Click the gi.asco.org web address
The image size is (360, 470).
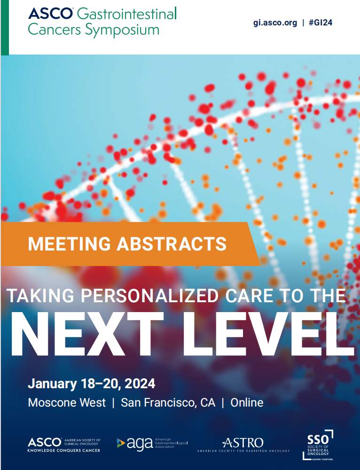pos(275,23)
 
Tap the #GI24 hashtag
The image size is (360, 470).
pos(321,23)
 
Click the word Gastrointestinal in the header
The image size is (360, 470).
pos(127,14)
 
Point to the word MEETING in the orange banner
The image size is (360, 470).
pos(69,243)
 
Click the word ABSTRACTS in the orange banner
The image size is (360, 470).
pos(172,243)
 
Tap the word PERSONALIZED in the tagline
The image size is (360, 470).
pos(149,296)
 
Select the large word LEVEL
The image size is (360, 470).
pos(268,334)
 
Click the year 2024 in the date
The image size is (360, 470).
pos(140,384)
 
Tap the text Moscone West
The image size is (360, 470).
pos(67,403)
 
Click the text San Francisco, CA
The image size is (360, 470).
pos(168,403)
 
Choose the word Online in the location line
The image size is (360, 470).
pos(247,403)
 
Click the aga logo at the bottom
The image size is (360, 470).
pos(152,444)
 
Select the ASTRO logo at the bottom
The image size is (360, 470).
pos(243,445)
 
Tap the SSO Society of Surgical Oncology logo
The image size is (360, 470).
pos(318,445)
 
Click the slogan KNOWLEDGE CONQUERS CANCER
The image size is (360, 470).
pos(64,450)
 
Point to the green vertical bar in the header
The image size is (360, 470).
pos(5,27)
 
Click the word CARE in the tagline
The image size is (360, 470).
pos(250,296)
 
